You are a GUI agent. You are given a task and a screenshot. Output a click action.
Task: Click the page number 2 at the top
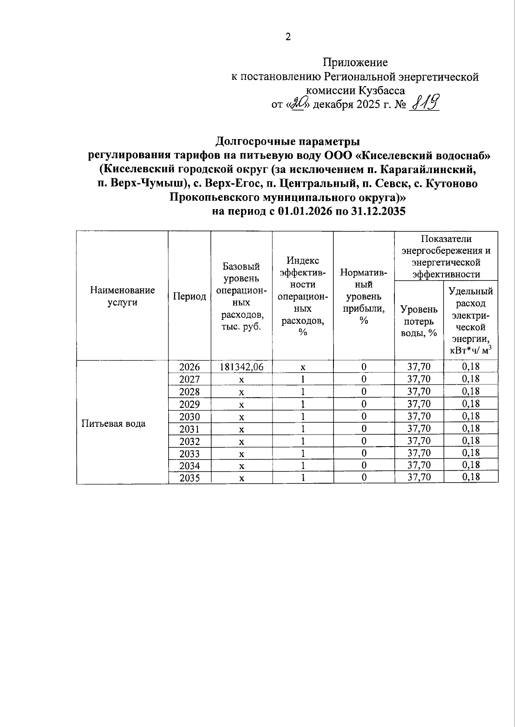click(288, 37)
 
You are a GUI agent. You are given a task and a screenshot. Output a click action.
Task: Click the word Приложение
click(355, 63)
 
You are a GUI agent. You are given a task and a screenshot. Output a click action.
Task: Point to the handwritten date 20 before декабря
click(297, 104)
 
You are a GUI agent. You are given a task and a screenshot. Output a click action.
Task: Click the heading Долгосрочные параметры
click(287, 141)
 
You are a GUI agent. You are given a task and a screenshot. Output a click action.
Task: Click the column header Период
click(189, 296)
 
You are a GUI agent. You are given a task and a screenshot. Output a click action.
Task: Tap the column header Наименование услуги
click(122, 296)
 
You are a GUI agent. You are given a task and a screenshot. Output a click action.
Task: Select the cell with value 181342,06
click(241, 367)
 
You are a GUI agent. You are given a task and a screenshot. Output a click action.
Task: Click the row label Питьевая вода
click(114, 423)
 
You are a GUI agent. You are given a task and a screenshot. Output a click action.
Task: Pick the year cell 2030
click(189, 417)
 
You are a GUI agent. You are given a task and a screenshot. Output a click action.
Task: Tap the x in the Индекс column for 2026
click(303, 367)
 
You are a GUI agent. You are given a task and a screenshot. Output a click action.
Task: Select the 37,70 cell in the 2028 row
click(418, 391)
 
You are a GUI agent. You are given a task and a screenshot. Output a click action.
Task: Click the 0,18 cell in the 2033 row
click(470, 453)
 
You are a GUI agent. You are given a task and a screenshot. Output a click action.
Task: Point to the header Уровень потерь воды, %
click(418, 321)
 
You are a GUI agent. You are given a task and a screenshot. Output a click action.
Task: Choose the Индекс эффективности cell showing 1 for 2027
click(303, 379)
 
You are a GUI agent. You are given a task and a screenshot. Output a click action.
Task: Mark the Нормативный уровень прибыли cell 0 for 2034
click(364, 465)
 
